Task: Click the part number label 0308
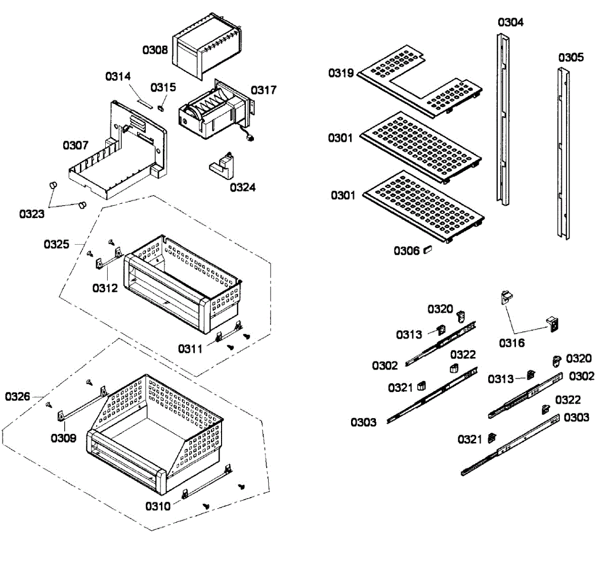(155, 50)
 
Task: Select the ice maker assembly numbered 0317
(212, 114)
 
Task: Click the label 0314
(118, 76)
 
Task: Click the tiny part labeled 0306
(428, 249)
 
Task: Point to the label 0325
(56, 245)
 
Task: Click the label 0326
(18, 396)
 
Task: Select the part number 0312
(105, 288)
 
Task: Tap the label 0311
(190, 349)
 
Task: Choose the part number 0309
(63, 438)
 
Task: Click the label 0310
(158, 506)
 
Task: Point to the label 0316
(512, 343)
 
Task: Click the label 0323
(31, 214)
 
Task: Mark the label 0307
(75, 146)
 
